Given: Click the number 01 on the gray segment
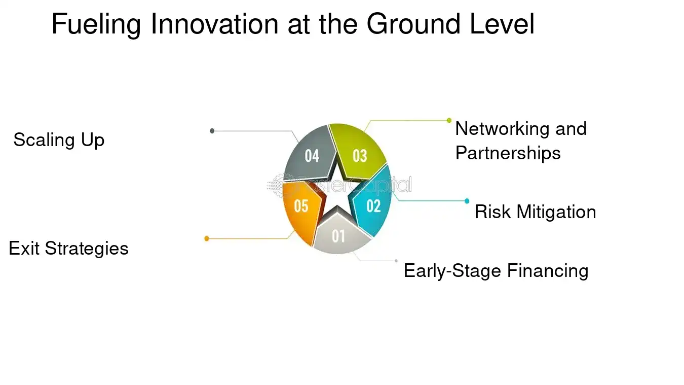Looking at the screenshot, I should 338,236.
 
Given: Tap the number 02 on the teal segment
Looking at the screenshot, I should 373,206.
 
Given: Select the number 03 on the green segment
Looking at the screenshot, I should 360,156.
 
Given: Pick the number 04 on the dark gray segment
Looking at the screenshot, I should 312,156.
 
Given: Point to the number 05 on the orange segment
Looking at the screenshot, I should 301,206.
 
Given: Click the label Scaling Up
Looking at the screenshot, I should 59,139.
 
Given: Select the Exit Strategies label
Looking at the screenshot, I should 68,249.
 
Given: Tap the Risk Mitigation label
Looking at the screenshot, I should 535,212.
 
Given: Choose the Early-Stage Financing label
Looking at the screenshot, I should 496,270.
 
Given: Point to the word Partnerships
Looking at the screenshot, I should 508,153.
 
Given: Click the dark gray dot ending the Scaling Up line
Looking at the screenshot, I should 212,131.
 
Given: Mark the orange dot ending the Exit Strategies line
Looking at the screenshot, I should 207,238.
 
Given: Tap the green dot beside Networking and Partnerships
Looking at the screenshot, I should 449,120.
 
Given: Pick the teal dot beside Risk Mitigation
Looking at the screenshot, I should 467,201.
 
